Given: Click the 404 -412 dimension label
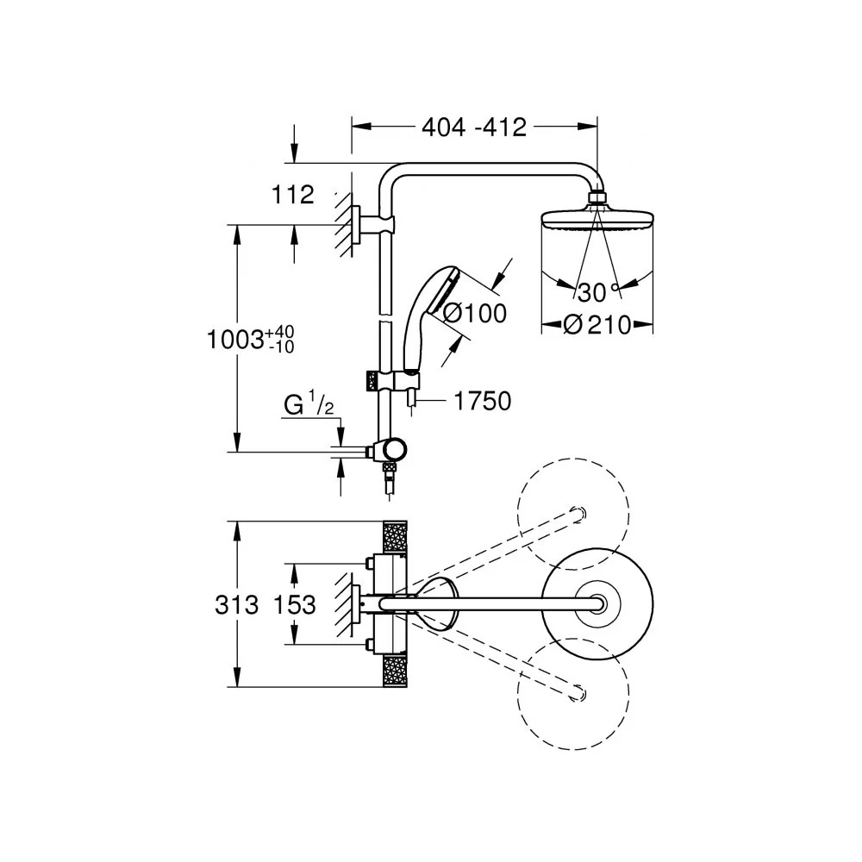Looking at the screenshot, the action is (x=474, y=128).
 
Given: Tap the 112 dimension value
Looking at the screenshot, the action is (x=293, y=195).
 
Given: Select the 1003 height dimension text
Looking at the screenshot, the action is (x=250, y=339).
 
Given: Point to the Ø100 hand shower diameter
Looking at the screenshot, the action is (x=474, y=314).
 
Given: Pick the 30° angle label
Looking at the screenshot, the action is (x=597, y=292).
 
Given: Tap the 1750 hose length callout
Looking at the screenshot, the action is (x=482, y=402).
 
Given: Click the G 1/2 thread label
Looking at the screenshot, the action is (x=309, y=404).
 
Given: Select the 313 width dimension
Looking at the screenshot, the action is (x=236, y=605).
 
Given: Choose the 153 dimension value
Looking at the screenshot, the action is (x=295, y=605).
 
